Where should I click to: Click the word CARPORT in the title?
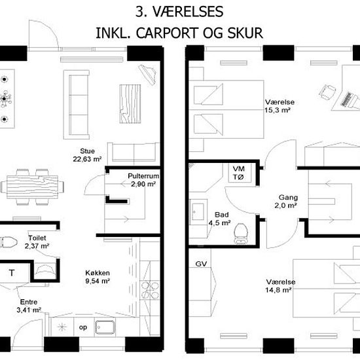(167, 33)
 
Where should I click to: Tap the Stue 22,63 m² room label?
(87, 155)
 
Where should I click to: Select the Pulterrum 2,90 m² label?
(143, 180)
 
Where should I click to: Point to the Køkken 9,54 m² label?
(98, 277)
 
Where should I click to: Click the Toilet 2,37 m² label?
(37, 242)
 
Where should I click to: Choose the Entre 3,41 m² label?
(29, 306)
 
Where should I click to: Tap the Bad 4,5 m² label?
(219, 219)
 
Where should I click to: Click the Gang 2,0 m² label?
(286, 201)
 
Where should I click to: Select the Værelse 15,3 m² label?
(279, 106)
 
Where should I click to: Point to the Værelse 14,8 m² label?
(280, 286)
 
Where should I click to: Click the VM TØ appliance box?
(240, 173)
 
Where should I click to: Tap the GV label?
(201, 264)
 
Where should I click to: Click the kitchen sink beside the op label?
(105, 327)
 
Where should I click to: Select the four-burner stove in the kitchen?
(150, 290)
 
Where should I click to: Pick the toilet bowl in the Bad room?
(241, 234)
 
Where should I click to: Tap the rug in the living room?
(130, 104)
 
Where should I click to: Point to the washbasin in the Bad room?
(198, 211)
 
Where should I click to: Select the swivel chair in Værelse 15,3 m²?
(327, 92)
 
